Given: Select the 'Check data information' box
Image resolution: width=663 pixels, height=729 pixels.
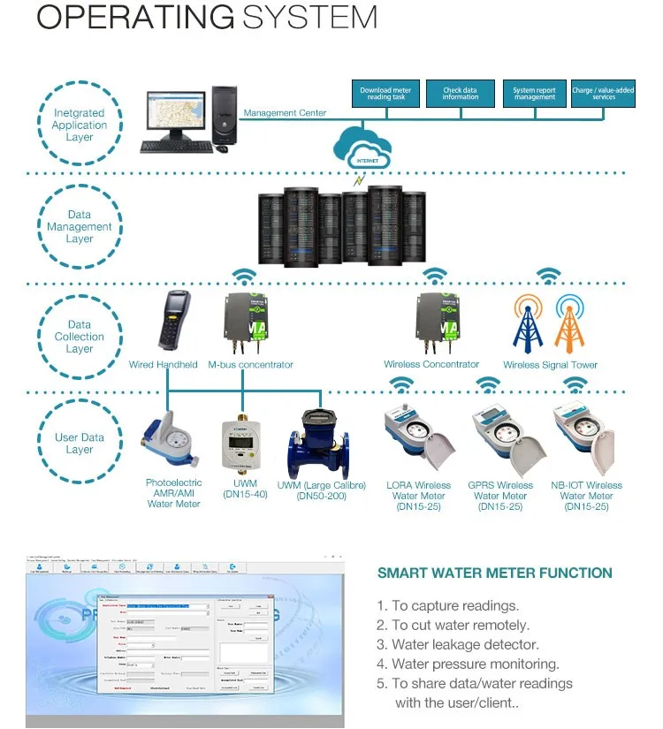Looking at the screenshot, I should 461,94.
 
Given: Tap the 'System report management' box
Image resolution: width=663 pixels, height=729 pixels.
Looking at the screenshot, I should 534,94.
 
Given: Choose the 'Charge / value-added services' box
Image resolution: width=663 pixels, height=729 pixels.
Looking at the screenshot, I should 604,94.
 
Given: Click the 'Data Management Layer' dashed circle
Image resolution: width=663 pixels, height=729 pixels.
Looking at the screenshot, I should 80,226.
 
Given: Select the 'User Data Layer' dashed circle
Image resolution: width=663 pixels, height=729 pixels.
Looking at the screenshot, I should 80,443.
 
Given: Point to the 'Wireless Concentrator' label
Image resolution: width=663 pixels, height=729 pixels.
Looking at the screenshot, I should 431,364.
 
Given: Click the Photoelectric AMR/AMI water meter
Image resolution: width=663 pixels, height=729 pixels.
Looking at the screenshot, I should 170,440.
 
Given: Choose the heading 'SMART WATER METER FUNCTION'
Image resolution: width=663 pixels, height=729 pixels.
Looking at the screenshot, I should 494,573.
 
